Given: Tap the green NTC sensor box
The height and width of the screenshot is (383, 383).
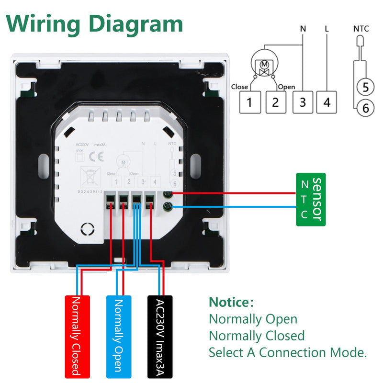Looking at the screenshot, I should (311, 199).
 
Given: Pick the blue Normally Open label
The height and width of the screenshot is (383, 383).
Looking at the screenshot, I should (118, 336).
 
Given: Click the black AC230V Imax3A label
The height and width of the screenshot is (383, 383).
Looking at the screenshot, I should (159, 336).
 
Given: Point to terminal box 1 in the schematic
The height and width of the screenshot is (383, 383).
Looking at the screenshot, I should (249, 102).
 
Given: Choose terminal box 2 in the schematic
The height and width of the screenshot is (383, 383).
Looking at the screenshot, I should (275, 102).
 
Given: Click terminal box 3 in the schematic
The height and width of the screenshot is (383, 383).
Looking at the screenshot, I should (302, 102).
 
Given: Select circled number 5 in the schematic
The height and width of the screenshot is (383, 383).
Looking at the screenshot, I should (365, 87).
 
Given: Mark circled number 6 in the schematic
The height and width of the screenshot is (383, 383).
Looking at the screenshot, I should (365, 108).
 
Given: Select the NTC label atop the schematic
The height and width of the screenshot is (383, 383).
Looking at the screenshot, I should (361, 29).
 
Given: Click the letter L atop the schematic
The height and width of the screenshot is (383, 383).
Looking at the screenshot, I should (327, 29).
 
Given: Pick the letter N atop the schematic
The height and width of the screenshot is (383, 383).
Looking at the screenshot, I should (302, 29).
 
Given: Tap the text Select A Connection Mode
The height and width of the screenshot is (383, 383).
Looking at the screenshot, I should (288, 353).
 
